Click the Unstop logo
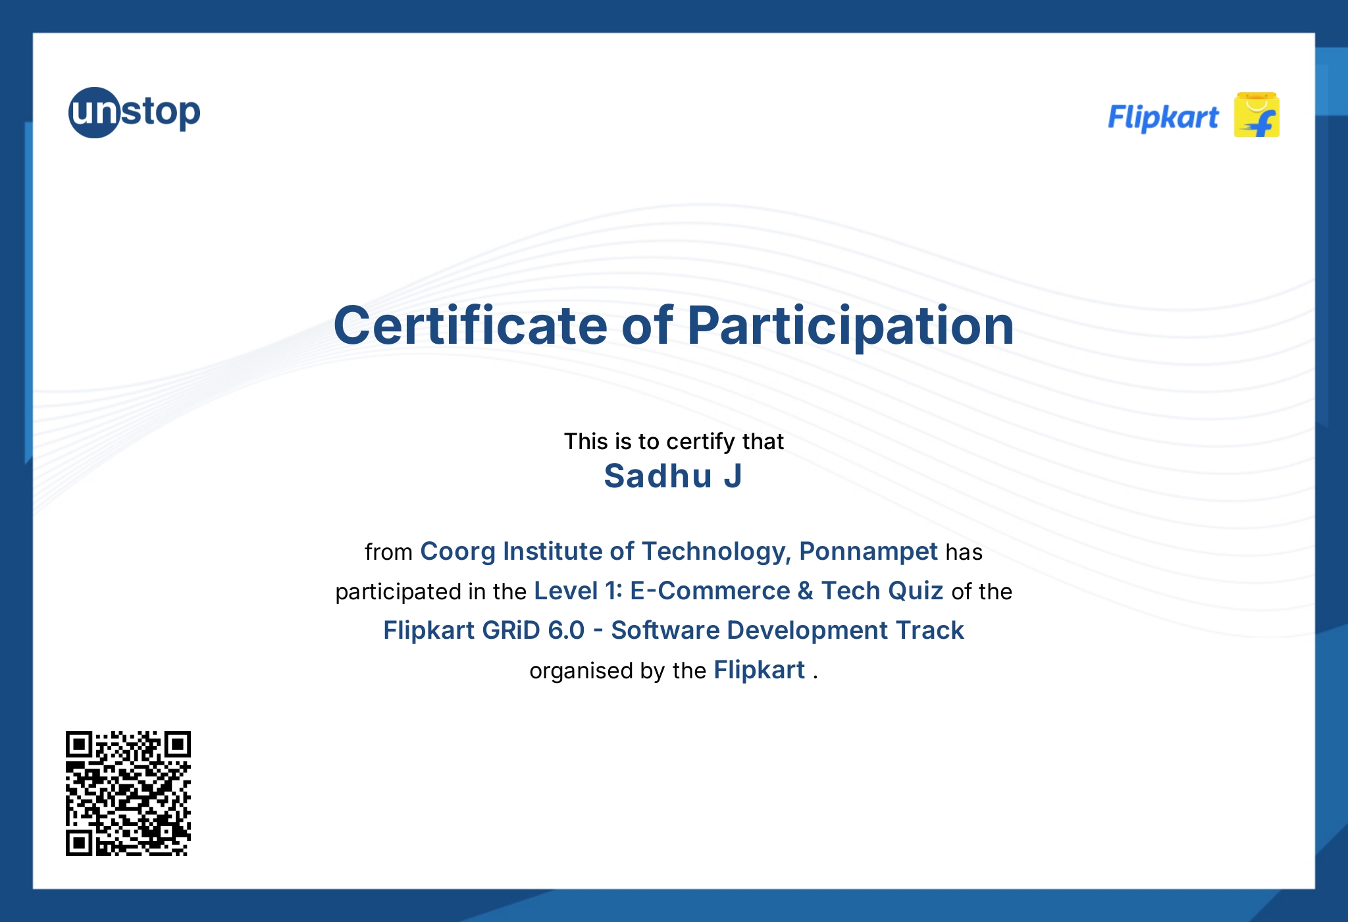tap(134, 113)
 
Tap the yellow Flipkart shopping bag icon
tap(1256, 115)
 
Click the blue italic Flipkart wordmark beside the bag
tap(1163, 118)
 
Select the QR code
tap(128, 793)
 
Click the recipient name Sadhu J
tap(673, 476)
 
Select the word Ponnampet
tap(868, 552)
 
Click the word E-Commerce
tap(710, 591)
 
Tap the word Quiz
tap(915, 591)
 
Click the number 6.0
tap(566, 631)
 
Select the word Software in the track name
tap(665, 631)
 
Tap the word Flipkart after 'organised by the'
tap(759, 670)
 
